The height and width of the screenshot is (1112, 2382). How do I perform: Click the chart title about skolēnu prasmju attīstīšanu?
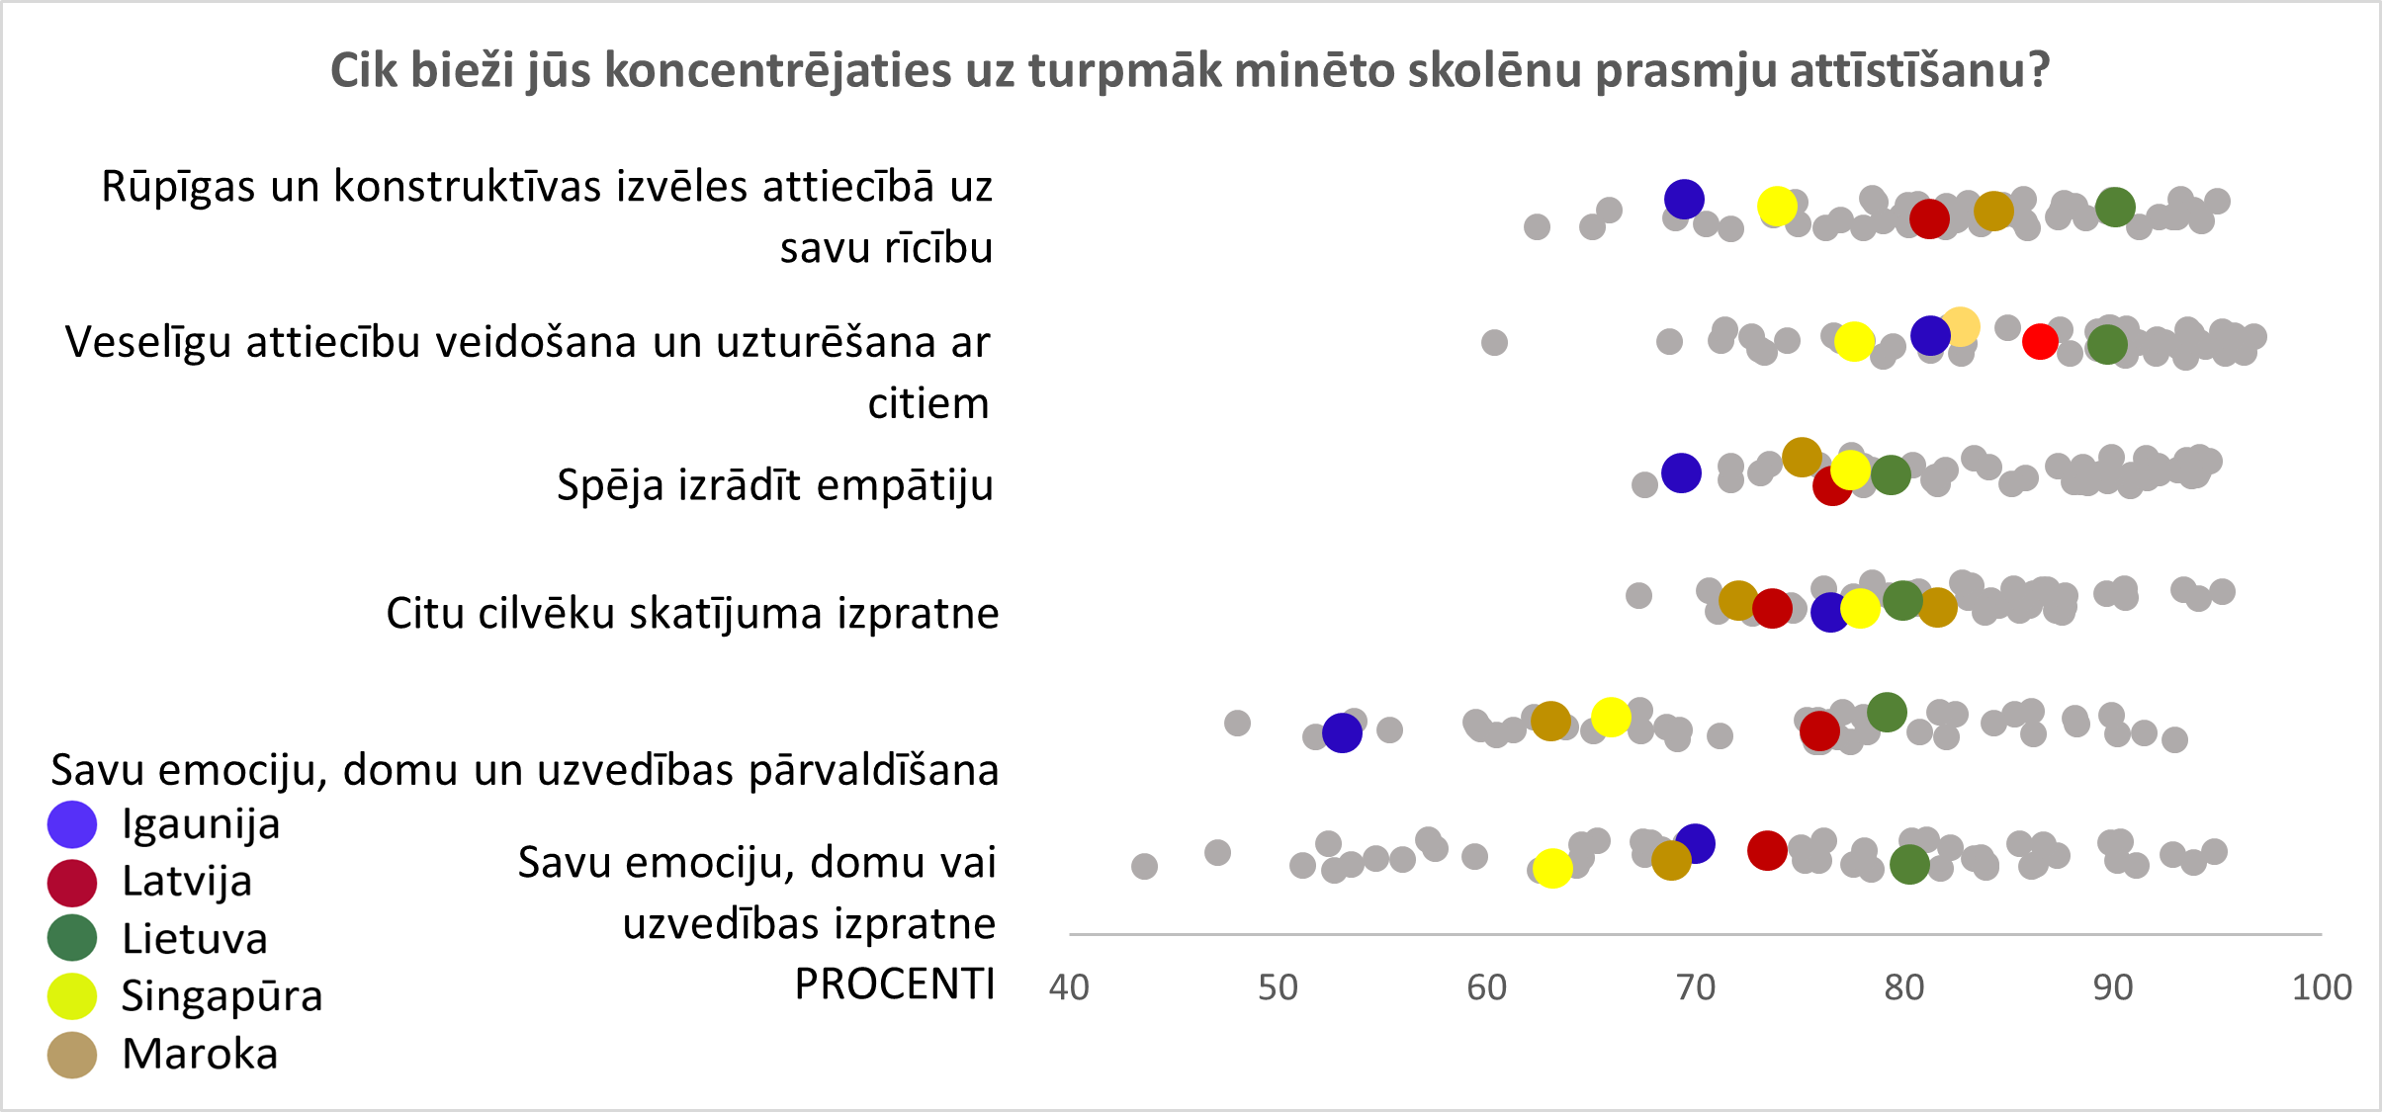coord(1190,71)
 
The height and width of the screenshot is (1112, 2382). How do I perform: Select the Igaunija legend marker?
coord(72,824)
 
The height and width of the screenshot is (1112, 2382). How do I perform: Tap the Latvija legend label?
coord(187,881)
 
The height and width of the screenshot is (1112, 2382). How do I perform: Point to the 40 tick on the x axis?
coord(1069,987)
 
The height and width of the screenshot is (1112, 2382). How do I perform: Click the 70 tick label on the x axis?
coord(1696,987)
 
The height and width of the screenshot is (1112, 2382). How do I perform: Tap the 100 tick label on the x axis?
coord(2322,987)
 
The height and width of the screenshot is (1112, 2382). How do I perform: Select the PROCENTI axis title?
coord(895,984)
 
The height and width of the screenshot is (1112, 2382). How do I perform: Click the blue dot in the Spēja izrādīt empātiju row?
coord(1681,472)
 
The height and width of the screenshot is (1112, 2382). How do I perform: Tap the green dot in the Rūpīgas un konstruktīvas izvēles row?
coord(2115,207)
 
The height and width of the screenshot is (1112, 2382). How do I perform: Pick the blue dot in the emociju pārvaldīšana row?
coord(1342,732)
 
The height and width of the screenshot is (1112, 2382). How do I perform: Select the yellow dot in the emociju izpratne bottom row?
coord(1552,868)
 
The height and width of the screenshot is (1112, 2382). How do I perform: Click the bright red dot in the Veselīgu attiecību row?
coord(2040,341)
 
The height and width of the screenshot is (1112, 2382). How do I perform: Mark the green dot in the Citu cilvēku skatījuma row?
coord(1902,600)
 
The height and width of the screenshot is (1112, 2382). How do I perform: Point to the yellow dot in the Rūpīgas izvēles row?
coord(1777,207)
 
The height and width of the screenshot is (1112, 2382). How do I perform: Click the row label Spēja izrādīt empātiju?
coord(775,485)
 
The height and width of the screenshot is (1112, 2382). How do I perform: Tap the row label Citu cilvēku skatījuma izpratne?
coord(692,614)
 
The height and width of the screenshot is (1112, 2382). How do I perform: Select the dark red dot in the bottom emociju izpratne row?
coord(1767,850)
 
